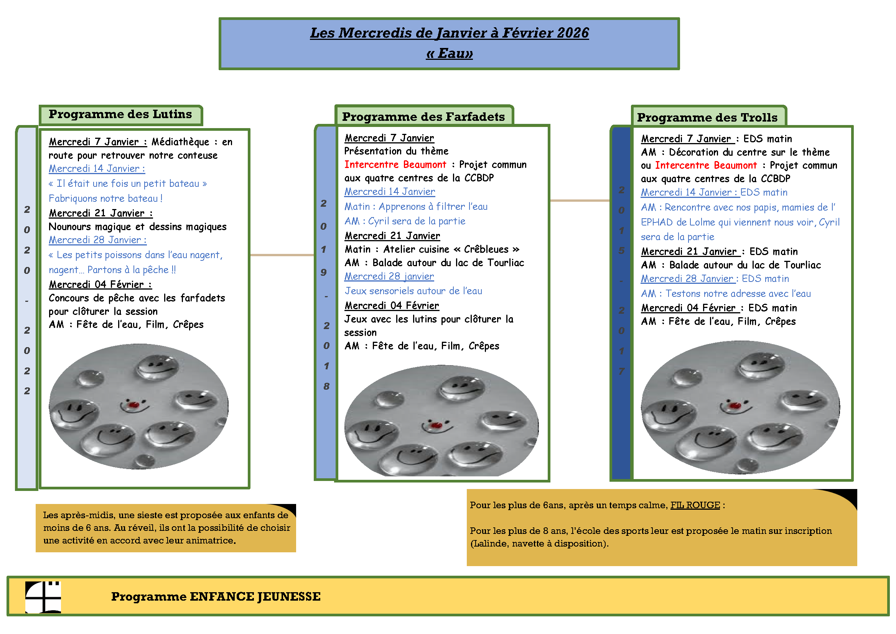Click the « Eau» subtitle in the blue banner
tap(449, 53)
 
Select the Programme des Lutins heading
tap(120, 114)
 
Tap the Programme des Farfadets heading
tap(423, 117)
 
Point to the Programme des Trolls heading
tap(707, 117)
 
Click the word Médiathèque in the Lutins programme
tap(180, 142)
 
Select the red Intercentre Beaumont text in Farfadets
tap(395, 165)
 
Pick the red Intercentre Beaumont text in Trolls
tap(706, 165)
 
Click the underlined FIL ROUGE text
tap(695, 505)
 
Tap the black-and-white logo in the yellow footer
tap(43, 597)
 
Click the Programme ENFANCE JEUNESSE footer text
tap(216, 596)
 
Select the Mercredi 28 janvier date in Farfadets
tap(389, 276)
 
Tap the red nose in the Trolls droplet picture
tap(735, 405)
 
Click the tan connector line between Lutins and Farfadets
tap(282, 255)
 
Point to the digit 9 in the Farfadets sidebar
tap(324, 272)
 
